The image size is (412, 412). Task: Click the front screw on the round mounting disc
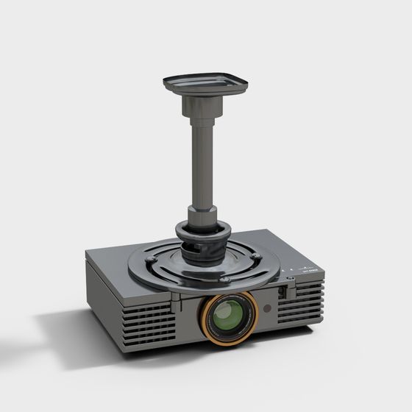225,280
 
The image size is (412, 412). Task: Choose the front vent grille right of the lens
302,302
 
